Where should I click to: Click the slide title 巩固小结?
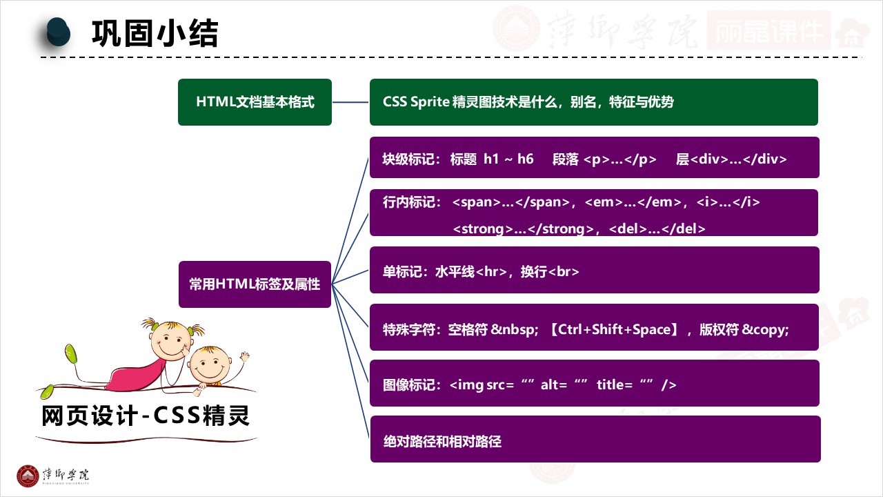155,33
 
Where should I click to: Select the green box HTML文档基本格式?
255,102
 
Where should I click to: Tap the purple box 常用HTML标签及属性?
255,284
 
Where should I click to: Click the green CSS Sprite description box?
593,102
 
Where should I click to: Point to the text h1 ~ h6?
508,159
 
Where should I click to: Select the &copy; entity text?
765,329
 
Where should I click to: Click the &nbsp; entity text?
514,329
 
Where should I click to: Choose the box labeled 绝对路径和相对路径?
595,439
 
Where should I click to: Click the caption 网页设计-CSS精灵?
146,416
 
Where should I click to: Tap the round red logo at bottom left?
28,476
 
